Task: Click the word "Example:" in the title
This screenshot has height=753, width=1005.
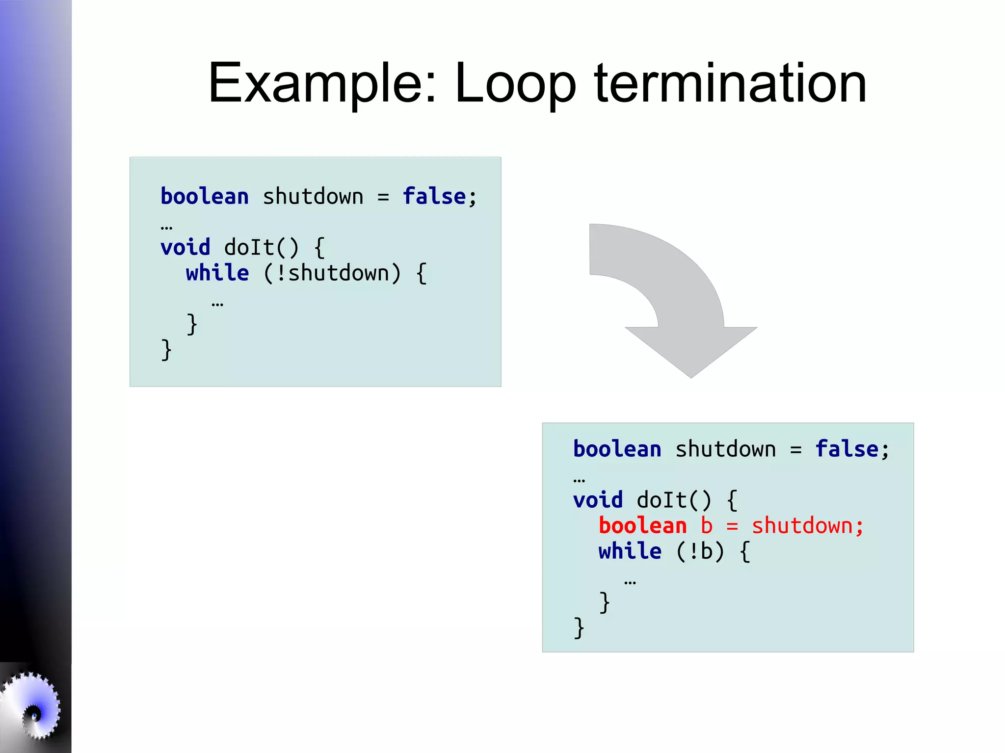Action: [322, 83]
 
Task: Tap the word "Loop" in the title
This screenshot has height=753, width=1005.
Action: [515, 83]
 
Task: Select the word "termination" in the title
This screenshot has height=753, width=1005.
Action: [730, 83]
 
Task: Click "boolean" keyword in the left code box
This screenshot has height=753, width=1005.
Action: [205, 197]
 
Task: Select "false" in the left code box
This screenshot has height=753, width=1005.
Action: [434, 197]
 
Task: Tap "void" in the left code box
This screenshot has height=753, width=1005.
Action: [185, 247]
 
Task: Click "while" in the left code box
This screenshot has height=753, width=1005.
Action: [217, 273]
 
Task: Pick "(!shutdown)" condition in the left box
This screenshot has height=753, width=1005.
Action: [332, 273]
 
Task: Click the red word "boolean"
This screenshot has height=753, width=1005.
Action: [642, 526]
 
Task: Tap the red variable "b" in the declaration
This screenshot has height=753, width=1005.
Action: [706, 526]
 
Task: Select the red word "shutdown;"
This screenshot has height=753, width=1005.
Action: [807, 526]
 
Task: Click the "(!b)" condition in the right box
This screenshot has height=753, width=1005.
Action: [700, 551]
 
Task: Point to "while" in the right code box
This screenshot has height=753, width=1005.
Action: [630, 551]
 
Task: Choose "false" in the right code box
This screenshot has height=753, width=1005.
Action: [846, 449]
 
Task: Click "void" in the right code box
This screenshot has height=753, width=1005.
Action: [598, 500]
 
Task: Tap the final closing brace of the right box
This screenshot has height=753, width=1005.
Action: [579, 628]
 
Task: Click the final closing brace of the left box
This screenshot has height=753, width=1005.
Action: [166, 350]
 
